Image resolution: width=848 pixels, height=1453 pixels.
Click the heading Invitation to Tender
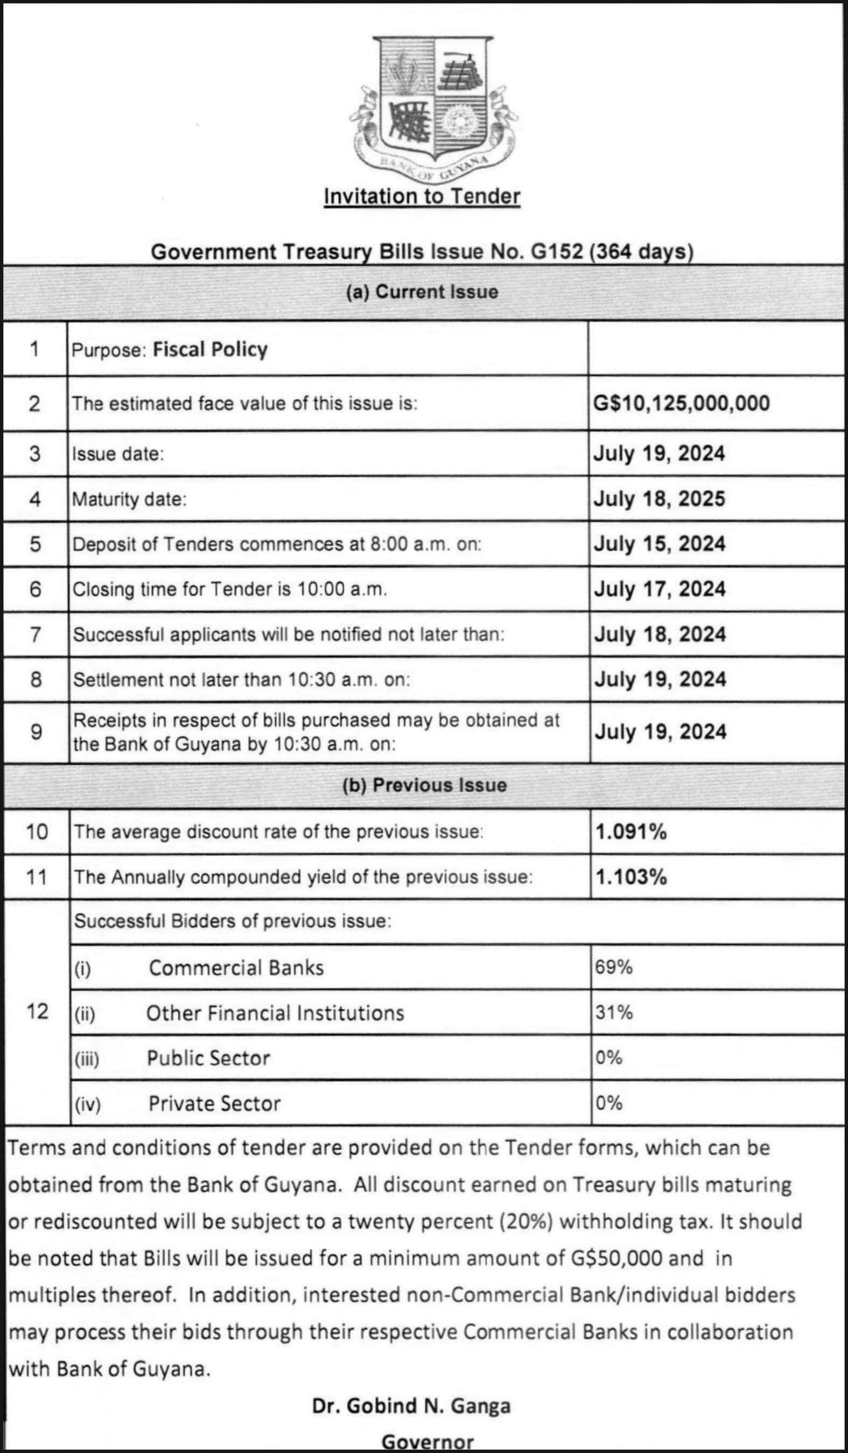(422, 196)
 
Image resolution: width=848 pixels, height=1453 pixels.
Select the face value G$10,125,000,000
(681, 403)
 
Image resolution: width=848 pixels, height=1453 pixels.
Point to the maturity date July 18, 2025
(660, 499)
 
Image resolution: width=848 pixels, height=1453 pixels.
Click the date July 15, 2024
(660, 544)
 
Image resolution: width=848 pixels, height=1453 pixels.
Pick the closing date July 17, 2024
(660, 589)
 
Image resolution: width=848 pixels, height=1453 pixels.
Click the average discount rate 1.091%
(631, 831)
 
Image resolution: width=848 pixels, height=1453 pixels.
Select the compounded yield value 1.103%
(631, 877)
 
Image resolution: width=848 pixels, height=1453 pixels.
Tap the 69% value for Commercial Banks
(614, 967)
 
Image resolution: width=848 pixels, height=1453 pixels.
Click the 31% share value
(614, 1012)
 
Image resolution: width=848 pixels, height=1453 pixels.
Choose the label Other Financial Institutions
(275, 1013)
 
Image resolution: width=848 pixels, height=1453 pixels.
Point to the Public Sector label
(208, 1058)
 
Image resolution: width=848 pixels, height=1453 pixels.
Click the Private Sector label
(215, 1104)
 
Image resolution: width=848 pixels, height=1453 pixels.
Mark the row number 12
(37, 1011)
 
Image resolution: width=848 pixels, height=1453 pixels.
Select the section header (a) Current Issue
(422, 292)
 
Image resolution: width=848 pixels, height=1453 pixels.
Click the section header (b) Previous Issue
(425, 785)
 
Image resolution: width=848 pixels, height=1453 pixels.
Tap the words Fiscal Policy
(210, 349)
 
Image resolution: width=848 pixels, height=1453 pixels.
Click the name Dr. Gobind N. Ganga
(411, 1406)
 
